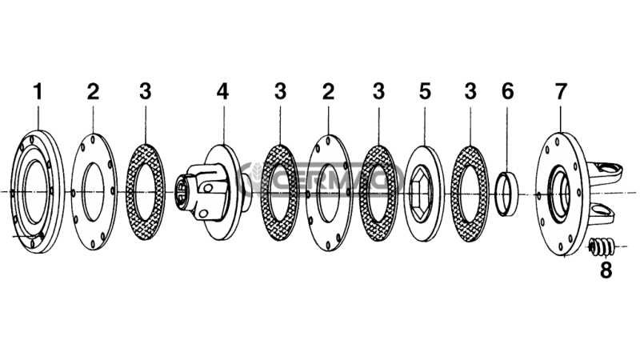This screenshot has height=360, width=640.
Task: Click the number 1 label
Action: (38, 91)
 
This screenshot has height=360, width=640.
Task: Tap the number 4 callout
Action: (222, 91)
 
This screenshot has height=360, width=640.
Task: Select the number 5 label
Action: (425, 91)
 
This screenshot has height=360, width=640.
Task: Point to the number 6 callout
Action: (507, 91)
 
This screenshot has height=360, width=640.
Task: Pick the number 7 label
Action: (561, 91)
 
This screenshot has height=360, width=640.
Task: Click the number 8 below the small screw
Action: (606, 270)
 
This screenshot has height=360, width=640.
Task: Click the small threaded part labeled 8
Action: (602, 246)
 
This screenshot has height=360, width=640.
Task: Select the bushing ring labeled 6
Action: (507, 194)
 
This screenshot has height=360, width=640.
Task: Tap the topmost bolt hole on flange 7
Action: (558, 142)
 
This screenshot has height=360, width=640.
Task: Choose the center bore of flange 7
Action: (560, 193)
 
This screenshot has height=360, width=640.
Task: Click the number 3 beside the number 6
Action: (470, 91)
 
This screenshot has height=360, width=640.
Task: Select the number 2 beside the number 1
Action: (93, 91)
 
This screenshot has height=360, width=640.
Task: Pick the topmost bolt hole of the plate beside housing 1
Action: (94, 139)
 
